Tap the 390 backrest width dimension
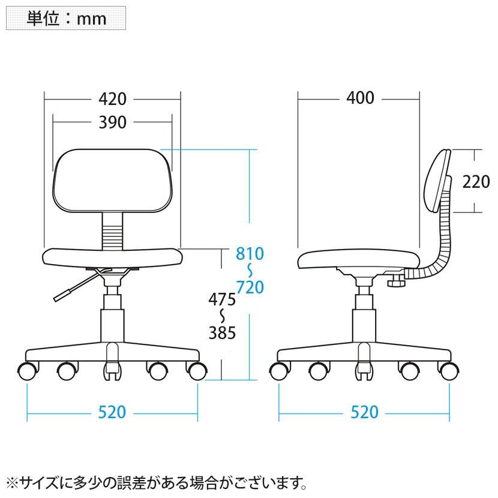(113, 122)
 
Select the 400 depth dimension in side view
(360, 98)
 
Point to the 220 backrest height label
(476, 181)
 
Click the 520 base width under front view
(112, 412)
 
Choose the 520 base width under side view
(364, 412)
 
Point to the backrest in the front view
(113, 180)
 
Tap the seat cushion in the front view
(112, 257)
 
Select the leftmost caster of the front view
(28, 370)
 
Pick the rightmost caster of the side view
(448, 370)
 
